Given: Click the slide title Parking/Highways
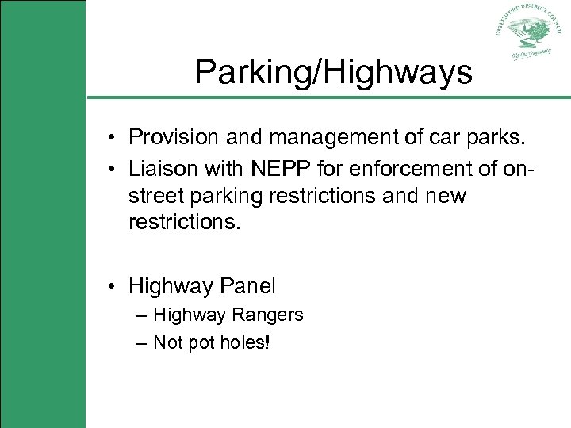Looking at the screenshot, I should pos(333,73).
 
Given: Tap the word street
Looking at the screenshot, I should pos(155,196).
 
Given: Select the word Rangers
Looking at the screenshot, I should pos(267,315).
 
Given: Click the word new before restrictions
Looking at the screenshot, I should pos(446,196).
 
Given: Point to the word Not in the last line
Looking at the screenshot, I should pos(168,343).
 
